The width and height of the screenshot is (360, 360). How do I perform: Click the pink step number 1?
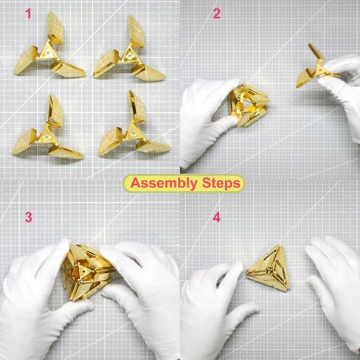tap(29, 14)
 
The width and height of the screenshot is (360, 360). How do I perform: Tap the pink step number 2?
tap(216, 14)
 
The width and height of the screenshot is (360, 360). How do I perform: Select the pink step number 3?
tap(29, 218)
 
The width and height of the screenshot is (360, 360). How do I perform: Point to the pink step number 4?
tap(217, 218)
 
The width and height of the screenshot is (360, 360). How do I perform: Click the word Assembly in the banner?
tap(164, 184)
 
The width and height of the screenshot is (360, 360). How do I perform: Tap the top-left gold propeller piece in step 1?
tap(49, 46)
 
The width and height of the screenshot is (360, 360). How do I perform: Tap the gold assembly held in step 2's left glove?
tap(249, 105)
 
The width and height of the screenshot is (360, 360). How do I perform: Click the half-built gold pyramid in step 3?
tap(89, 271)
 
